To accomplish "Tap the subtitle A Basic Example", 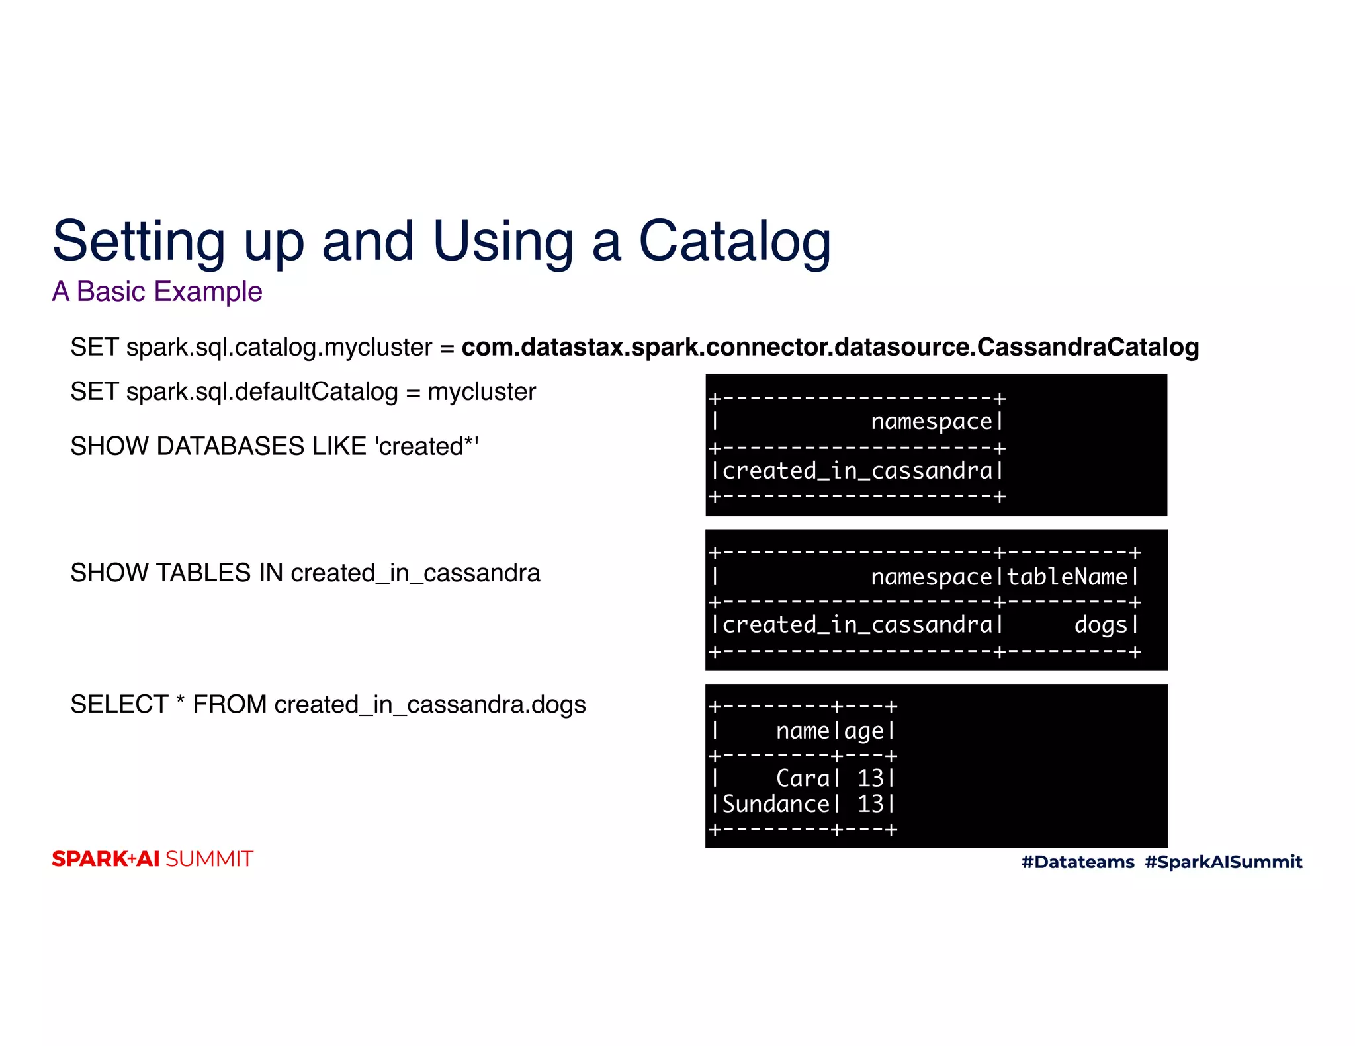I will (157, 292).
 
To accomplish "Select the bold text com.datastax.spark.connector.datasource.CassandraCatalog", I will (830, 347).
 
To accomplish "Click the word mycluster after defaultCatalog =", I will (482, 392).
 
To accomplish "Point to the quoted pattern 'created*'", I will (427, 446).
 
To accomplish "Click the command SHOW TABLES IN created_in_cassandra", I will (305, 573).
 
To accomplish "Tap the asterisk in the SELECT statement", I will (180, 702).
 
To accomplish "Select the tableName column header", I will (1067, 577).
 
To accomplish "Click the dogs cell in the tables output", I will (1100, 625).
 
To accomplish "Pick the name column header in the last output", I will (802, 731).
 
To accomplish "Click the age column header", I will (863, 732).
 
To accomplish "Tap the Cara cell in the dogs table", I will (802, 778).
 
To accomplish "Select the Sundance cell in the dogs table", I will (775, 804).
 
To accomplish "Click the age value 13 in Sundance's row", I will (870, 804).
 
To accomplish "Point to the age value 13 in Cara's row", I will (870, 778).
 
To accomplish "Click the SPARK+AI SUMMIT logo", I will (152, 859).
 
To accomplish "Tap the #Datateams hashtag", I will (1077, 862).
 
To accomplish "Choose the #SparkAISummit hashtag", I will (1223, 862).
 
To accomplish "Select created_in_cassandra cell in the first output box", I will (857, 471).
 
